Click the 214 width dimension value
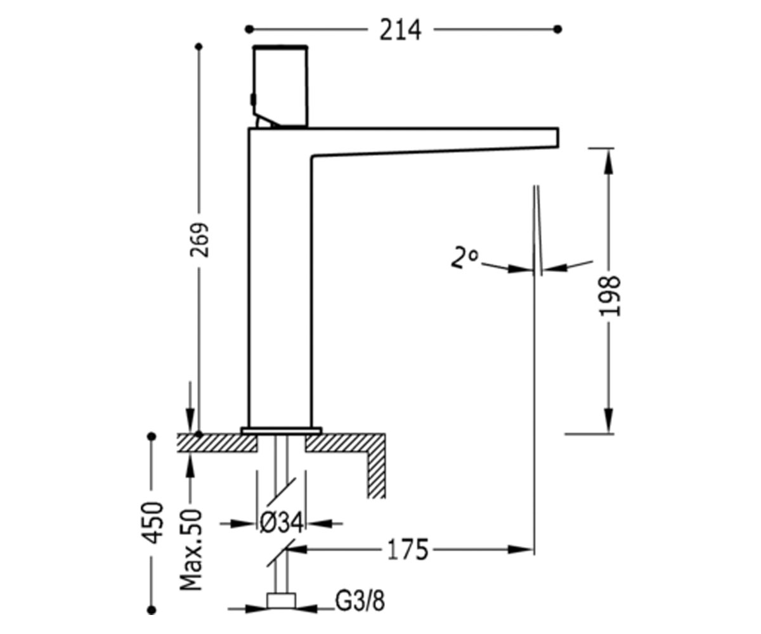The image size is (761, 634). [400, 30]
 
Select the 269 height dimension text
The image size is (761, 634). [200, 240]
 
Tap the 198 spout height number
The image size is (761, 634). [609, 296]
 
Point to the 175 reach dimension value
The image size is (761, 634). [408, 550]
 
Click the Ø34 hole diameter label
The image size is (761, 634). [282, 523]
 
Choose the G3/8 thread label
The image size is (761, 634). [360, 601]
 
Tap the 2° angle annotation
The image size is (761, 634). [464, 257]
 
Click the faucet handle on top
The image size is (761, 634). [280, 87]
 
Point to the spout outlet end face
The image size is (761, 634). [557, 138]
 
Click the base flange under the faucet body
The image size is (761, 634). [281, 431]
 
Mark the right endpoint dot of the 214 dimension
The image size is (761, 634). [557, 29]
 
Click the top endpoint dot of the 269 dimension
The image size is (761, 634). [198, 47]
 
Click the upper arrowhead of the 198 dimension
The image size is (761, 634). [608, 161]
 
